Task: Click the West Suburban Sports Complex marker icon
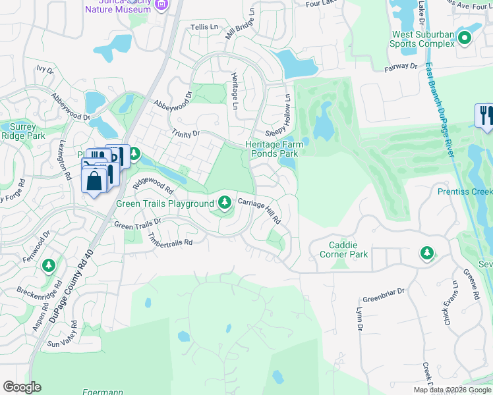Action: (464, 38)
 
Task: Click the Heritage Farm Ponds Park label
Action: (272, 149)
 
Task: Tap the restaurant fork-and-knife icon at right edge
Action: (484, 115)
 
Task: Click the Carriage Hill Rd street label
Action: (260, 212)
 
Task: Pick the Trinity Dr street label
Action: (186, 134)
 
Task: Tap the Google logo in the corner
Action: (22, 387)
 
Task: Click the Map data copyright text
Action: (452, 390)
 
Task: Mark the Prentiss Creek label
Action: (465, 192)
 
